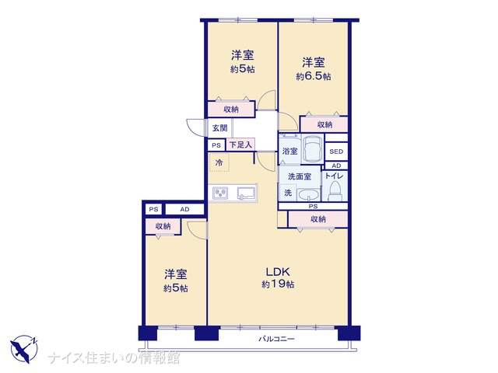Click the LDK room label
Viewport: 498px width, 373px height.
pyautogui.click(x=277, y=272)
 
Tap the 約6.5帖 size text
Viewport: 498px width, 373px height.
pyautogui.click(x=314, y=76)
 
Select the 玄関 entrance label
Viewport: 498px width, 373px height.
pyautogui.click(x=219, y=128)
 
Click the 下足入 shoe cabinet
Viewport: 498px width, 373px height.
pyautogui.click(x=240, y=145)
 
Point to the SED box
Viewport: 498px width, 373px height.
pyautogui.click(x=336, y=152)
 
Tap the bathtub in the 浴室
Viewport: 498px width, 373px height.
pyautogui.click(x=313, y=148)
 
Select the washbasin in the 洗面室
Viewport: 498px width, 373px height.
pyautogui.click(x=308, y=194)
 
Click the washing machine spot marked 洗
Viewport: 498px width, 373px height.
pyautogui.click(x=288, y=193)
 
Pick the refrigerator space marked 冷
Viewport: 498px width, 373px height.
pyautogui.click(x=219, y=162)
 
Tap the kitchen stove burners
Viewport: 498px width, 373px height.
pyautogui.click(x=221, y=193)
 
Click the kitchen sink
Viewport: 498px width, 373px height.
pyautogui.click(x=247, y=193)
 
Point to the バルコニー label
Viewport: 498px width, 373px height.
pyautogui.click(x=276, y=339)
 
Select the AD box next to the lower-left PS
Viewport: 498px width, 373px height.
pyautogui.click(x=184, y=209)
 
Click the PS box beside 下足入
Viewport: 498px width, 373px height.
pyautogui.click(x=216, y=145)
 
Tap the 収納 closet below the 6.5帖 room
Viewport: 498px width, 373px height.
pyautogui.click(x=324, y=124)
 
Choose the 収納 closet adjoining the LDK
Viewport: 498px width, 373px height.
pyautogui.click(x=318, y=219)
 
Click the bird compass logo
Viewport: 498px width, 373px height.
pyautogui.click(x=24, y=349)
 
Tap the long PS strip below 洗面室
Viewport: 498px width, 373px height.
pyautogui.click(x=313, y=207)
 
